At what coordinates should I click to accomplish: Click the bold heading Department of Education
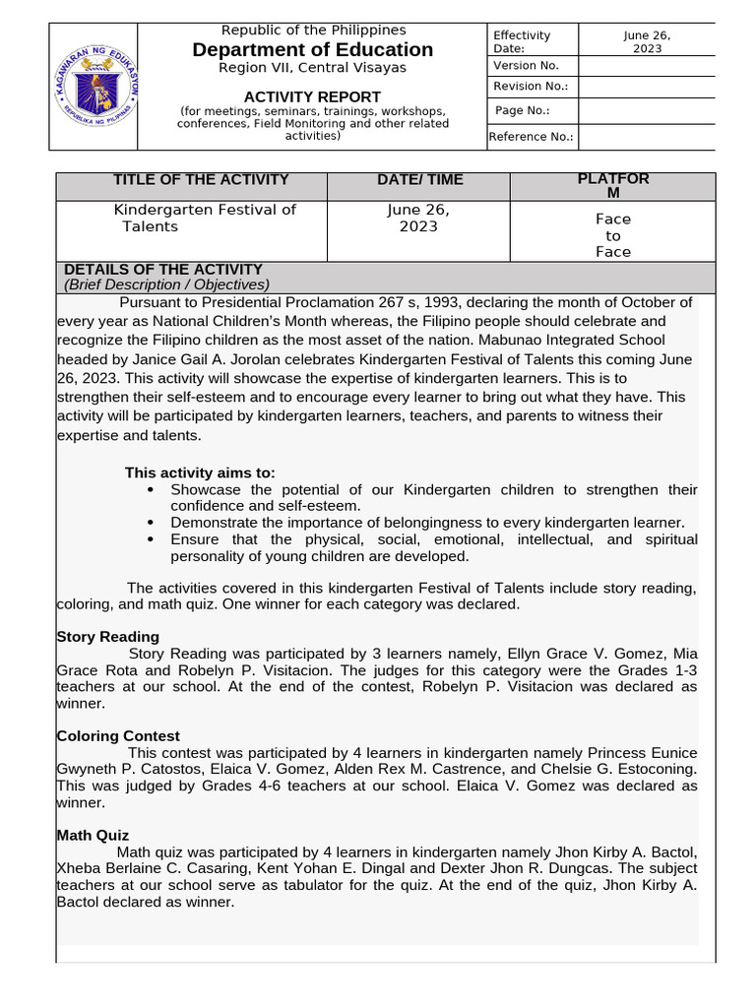coord(312,49)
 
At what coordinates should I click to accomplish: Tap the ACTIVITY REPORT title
coord(312,96)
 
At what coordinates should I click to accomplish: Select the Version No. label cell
coord(526,65)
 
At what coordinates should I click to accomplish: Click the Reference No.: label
coord(532,137)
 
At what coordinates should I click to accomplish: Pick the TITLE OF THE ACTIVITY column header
coord(201,179)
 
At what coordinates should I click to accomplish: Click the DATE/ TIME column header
coord(419,179)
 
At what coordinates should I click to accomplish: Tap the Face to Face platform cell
coord(613,235)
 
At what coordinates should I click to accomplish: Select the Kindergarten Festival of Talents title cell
coord(204,218)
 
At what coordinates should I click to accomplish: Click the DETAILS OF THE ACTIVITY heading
coord(162,269)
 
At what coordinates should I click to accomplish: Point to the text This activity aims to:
coord(200,472)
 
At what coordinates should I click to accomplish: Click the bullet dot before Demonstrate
coord(150,523)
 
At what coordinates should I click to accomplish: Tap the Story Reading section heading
coord(107,637)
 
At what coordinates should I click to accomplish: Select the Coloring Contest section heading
coord(118,736)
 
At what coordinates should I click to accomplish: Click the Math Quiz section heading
coord(93,836)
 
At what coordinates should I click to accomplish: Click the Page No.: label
coord(522,111)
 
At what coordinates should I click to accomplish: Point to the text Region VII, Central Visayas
coord(312,68)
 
